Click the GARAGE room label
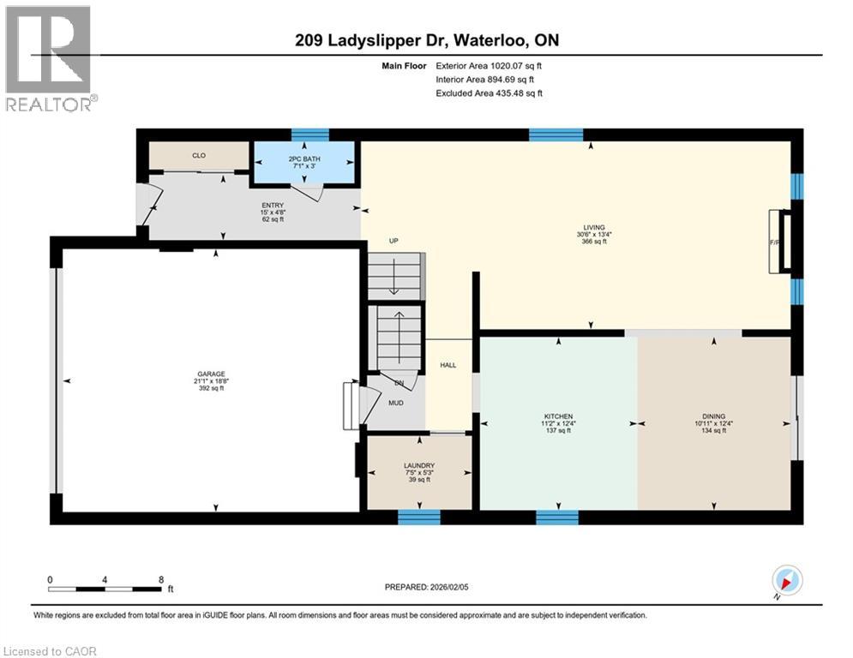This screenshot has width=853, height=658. pos(210,374)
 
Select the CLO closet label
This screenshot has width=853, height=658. pos(198,155)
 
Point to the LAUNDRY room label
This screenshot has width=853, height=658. pos(419,466)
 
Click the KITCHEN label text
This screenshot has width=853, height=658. pos(558,416)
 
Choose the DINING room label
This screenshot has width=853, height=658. pos(712,416)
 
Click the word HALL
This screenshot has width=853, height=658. pos(448,366)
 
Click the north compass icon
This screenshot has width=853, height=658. pos(786,581)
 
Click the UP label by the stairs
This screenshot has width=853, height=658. pos(393,241)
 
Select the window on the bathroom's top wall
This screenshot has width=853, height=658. pos(309,134)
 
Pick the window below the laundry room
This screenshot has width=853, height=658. pos(418,516)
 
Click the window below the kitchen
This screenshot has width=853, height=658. pos(557,516)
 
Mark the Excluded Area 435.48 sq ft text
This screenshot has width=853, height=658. pos(489,93)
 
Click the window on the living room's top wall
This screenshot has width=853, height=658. pos(556,134)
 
